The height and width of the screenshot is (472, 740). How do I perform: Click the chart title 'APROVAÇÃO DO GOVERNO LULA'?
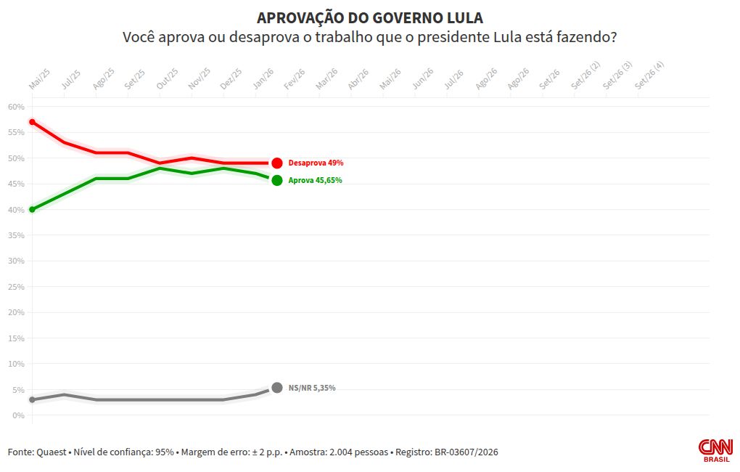pos(370,18)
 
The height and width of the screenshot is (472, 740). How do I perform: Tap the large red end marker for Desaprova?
pos(277,163)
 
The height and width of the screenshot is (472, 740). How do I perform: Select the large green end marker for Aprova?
pos(277,180)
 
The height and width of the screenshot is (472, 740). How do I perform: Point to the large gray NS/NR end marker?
pos(277,388)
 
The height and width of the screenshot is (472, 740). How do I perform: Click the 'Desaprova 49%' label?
pos(316,163)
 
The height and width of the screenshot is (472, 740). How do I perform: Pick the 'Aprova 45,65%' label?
pos(316,180)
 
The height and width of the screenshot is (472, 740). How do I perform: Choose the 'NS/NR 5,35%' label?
pos(312,388)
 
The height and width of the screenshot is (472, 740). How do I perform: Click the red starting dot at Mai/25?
pos(32,122)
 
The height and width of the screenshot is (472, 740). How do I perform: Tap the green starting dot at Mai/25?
pos(32,209)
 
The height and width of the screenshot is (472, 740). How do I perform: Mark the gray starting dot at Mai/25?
pos(32,399)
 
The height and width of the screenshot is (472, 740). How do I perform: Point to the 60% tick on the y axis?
pos(16,107)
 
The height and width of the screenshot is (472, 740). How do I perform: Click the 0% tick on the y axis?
pos(18,415)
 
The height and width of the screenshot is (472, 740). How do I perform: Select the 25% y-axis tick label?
pos(16,287)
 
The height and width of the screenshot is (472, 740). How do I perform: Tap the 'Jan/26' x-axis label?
pos(263,79)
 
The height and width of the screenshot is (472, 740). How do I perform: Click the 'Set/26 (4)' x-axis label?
pos(649,75)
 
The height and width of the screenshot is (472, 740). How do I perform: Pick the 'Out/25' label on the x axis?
pos(168,79)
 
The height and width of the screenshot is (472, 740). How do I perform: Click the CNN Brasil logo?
pos(715,450)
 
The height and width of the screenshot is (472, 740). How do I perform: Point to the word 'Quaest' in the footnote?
pos(52,452)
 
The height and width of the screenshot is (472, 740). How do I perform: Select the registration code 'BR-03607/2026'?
pos(466,452)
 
